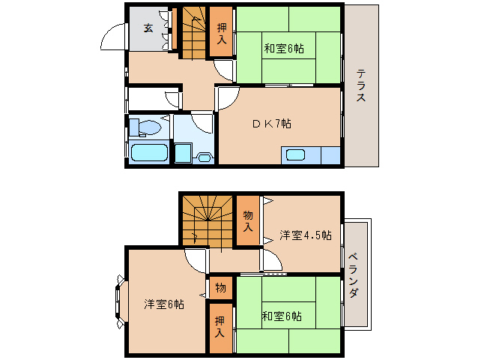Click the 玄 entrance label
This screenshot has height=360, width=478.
click(x=148, y=28)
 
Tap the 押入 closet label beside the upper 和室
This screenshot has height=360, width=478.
click(x=221, y=34)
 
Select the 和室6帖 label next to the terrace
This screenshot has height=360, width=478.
click(x=282, y=49)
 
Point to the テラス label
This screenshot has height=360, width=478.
click(x=360, y=86)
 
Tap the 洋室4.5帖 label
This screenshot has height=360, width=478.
click(x=305, y=235)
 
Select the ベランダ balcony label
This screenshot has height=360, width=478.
click(x=354, y=274)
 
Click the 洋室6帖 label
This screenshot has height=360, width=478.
click(x=164, y=304)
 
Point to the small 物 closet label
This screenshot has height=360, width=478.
click(x=221, y=287)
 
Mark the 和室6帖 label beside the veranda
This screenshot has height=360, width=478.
click(x=282, y=316)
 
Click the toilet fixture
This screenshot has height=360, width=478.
click(x=145, y=127)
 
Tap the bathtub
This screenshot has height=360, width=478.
click(x=148, y=154)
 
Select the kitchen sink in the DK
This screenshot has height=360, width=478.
click(x=295, y=156)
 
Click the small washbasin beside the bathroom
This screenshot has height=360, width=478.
click(x=202, y=157)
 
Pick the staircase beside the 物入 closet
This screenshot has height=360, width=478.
click(x=207, y=218)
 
